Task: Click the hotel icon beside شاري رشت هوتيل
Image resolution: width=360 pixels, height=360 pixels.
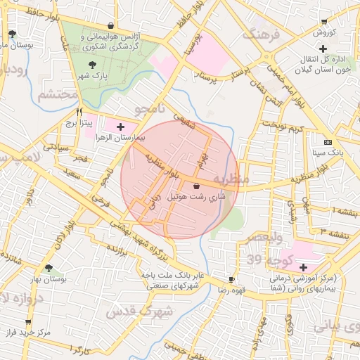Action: tap(195, 186)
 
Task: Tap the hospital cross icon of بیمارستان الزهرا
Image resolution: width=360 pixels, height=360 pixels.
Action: tap(121, 127)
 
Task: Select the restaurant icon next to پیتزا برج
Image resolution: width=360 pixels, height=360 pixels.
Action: tap(79, 111)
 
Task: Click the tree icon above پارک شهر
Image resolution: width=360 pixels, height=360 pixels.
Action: tap(94, 65)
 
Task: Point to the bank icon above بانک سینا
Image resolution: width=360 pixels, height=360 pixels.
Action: tap(327, 141)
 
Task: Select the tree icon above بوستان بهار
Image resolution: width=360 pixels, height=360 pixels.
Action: tap(49, 268)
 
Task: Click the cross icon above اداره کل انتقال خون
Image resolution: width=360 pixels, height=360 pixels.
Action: tap(323, 49)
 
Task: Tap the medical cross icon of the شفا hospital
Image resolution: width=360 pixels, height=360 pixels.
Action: tap(303, 267)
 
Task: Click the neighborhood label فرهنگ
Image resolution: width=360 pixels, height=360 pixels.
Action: tap(261, 34)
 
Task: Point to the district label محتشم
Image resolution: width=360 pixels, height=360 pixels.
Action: tap(56, 94)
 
